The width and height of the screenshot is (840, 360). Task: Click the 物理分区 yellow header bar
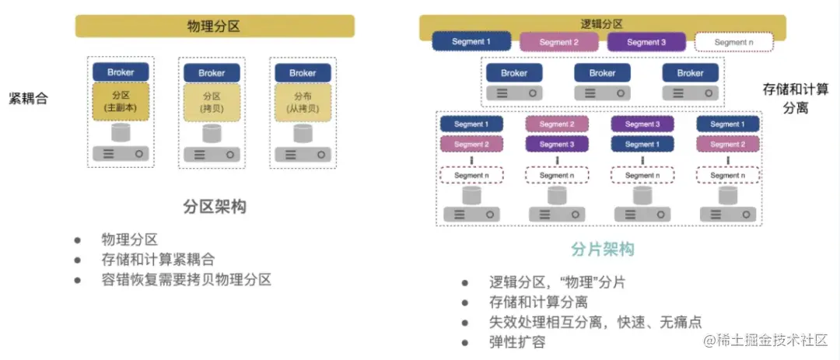tap(214, 26)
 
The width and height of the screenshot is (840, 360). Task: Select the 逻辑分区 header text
tap(602, 24)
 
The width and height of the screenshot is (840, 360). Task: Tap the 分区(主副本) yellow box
tap(120, 102)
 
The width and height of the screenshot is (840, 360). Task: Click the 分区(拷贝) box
tap(212, 102)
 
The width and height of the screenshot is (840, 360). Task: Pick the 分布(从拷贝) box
tap(303, 102)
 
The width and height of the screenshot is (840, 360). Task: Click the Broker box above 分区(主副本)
tap(121, 72)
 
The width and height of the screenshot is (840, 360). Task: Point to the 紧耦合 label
tap(28, 99)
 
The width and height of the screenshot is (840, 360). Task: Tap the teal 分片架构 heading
tap(602, 249)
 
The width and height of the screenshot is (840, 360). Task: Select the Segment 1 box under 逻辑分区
tap(471, 41)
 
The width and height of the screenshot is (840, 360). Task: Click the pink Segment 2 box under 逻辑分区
tap(558, 42)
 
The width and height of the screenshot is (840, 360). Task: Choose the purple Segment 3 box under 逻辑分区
tap(646, 42)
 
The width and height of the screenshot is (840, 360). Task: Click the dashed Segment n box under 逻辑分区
tap(733, 42)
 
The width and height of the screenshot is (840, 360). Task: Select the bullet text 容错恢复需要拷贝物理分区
tap(186, 279)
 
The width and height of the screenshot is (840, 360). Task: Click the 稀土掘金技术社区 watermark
tap(770, 341)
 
